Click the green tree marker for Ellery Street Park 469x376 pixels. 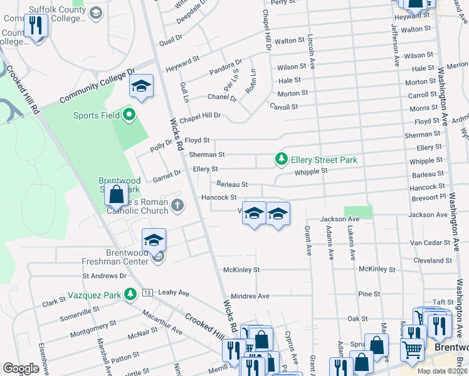click(x=282, y=160)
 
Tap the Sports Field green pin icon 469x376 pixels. click(x=130, y=115)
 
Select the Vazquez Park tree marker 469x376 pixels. click(x=130, y=293)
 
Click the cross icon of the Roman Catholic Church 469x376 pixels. click(x=178, y=204)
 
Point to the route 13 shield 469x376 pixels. click(x=147, y=293)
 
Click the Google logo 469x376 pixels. click(x=21, y=368)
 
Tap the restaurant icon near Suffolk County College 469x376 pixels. click(x=36, y=26)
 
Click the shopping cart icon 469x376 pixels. click(x=412, y=348)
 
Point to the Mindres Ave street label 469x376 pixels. click(x=250, y=296)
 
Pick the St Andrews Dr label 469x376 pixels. click(x=105, y=275)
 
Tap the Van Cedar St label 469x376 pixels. click(x=431, y=243)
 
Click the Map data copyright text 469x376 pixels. click(x=441, y=370)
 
